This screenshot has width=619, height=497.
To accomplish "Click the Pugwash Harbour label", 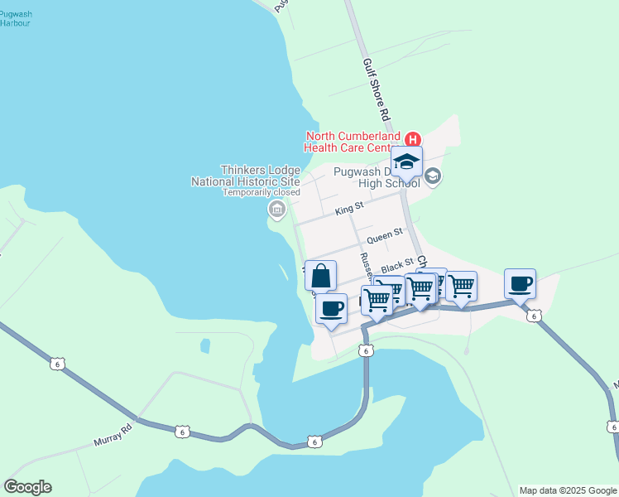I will click(16, 17).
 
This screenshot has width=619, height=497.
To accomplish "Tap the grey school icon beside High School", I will click(433, 176).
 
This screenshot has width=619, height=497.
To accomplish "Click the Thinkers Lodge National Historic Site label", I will click(246, 175).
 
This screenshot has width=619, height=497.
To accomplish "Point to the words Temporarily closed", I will click(261, 192).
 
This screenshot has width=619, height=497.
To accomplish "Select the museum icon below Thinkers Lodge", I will click(276, 211).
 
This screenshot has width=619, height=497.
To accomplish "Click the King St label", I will click(349, 210).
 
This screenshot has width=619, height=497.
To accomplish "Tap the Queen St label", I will click(384, 237).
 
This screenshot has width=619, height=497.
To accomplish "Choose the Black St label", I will click(396, 266).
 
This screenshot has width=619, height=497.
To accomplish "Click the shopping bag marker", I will click(320, 276).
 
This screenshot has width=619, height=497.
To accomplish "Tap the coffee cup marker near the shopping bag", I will click(332, 309).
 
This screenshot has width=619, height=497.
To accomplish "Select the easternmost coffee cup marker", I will click(520, 284).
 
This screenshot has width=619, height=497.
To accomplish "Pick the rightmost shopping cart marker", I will click(461, 287).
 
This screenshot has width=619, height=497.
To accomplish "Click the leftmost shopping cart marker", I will click(377, 299).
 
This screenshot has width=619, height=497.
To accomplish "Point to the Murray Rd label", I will click(116, 432).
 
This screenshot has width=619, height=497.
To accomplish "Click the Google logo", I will click(27, 487).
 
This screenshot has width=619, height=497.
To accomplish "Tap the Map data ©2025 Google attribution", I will click(567, 490).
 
